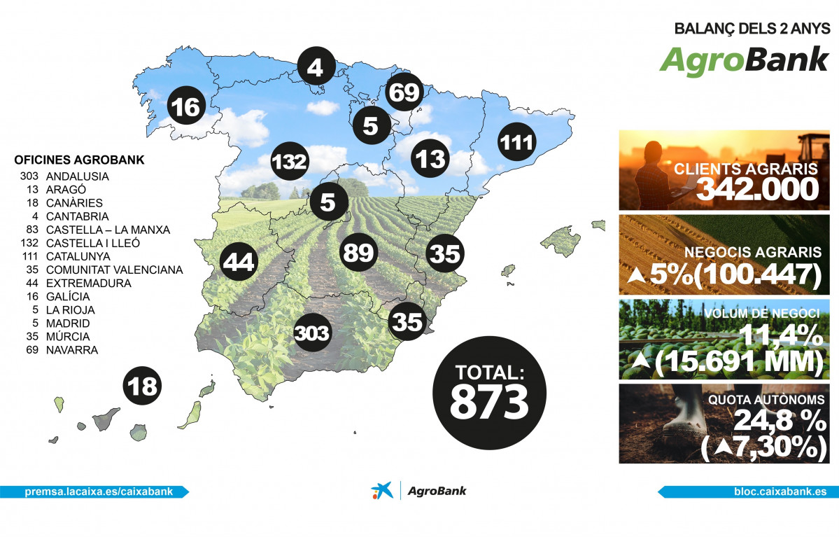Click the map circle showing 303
tap(312, 333)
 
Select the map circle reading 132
tap(290, 162)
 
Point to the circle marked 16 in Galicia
tap(185, 108)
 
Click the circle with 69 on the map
tap(404, 92)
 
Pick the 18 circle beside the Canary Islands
tap(142, 386)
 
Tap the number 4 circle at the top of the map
tap(316, 67)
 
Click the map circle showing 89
tap(359, 253)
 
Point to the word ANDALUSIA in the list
tap(77, 176)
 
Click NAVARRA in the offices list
tap(71, 349)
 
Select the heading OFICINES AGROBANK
tap(79, 160)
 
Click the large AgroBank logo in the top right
tap(744, 60)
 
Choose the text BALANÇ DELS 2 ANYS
tap(752, 29)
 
